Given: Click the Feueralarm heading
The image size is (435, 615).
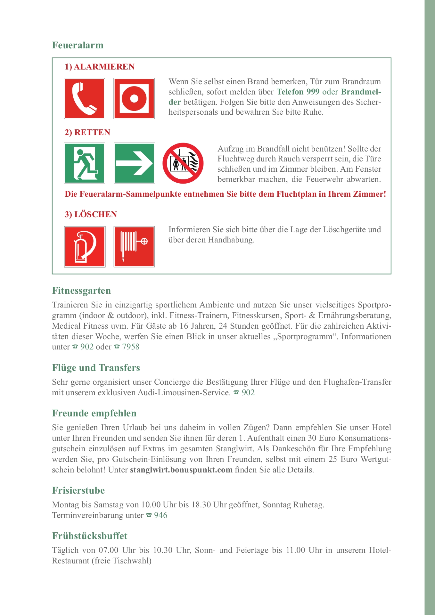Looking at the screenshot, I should [78, 45].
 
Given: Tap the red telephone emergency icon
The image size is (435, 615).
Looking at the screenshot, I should [85, 98].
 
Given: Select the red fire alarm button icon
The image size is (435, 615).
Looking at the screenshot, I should [134, 98].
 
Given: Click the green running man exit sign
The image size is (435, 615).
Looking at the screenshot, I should [85, 163].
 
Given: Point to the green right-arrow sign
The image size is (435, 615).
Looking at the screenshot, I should [134, 163].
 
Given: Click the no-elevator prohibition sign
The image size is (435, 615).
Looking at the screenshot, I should [183, 163].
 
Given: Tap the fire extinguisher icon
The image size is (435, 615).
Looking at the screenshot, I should [85, 247].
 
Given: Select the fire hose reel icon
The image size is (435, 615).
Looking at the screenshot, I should [134, 247].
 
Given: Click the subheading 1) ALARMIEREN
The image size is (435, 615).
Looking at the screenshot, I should [100, 67].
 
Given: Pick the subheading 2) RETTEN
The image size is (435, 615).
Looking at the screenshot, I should [87, 132].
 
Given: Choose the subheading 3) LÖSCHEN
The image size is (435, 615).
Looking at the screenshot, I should [91, 214].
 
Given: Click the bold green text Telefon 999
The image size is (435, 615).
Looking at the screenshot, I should [298, 92].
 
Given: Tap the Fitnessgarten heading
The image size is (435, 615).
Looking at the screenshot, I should [82, 291].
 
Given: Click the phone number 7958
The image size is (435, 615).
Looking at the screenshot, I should [131, 347].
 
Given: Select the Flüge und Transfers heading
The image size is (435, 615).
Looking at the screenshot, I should [96, 368].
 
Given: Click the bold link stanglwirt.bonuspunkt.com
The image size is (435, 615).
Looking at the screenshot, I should [181, 470].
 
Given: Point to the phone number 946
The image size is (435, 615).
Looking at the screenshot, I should [160, 515].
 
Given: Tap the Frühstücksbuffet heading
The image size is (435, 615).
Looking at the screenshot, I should [90, 536].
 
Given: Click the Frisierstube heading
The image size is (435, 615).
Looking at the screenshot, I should [78, 490].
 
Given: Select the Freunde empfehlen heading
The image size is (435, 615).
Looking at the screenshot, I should [94, 413].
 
